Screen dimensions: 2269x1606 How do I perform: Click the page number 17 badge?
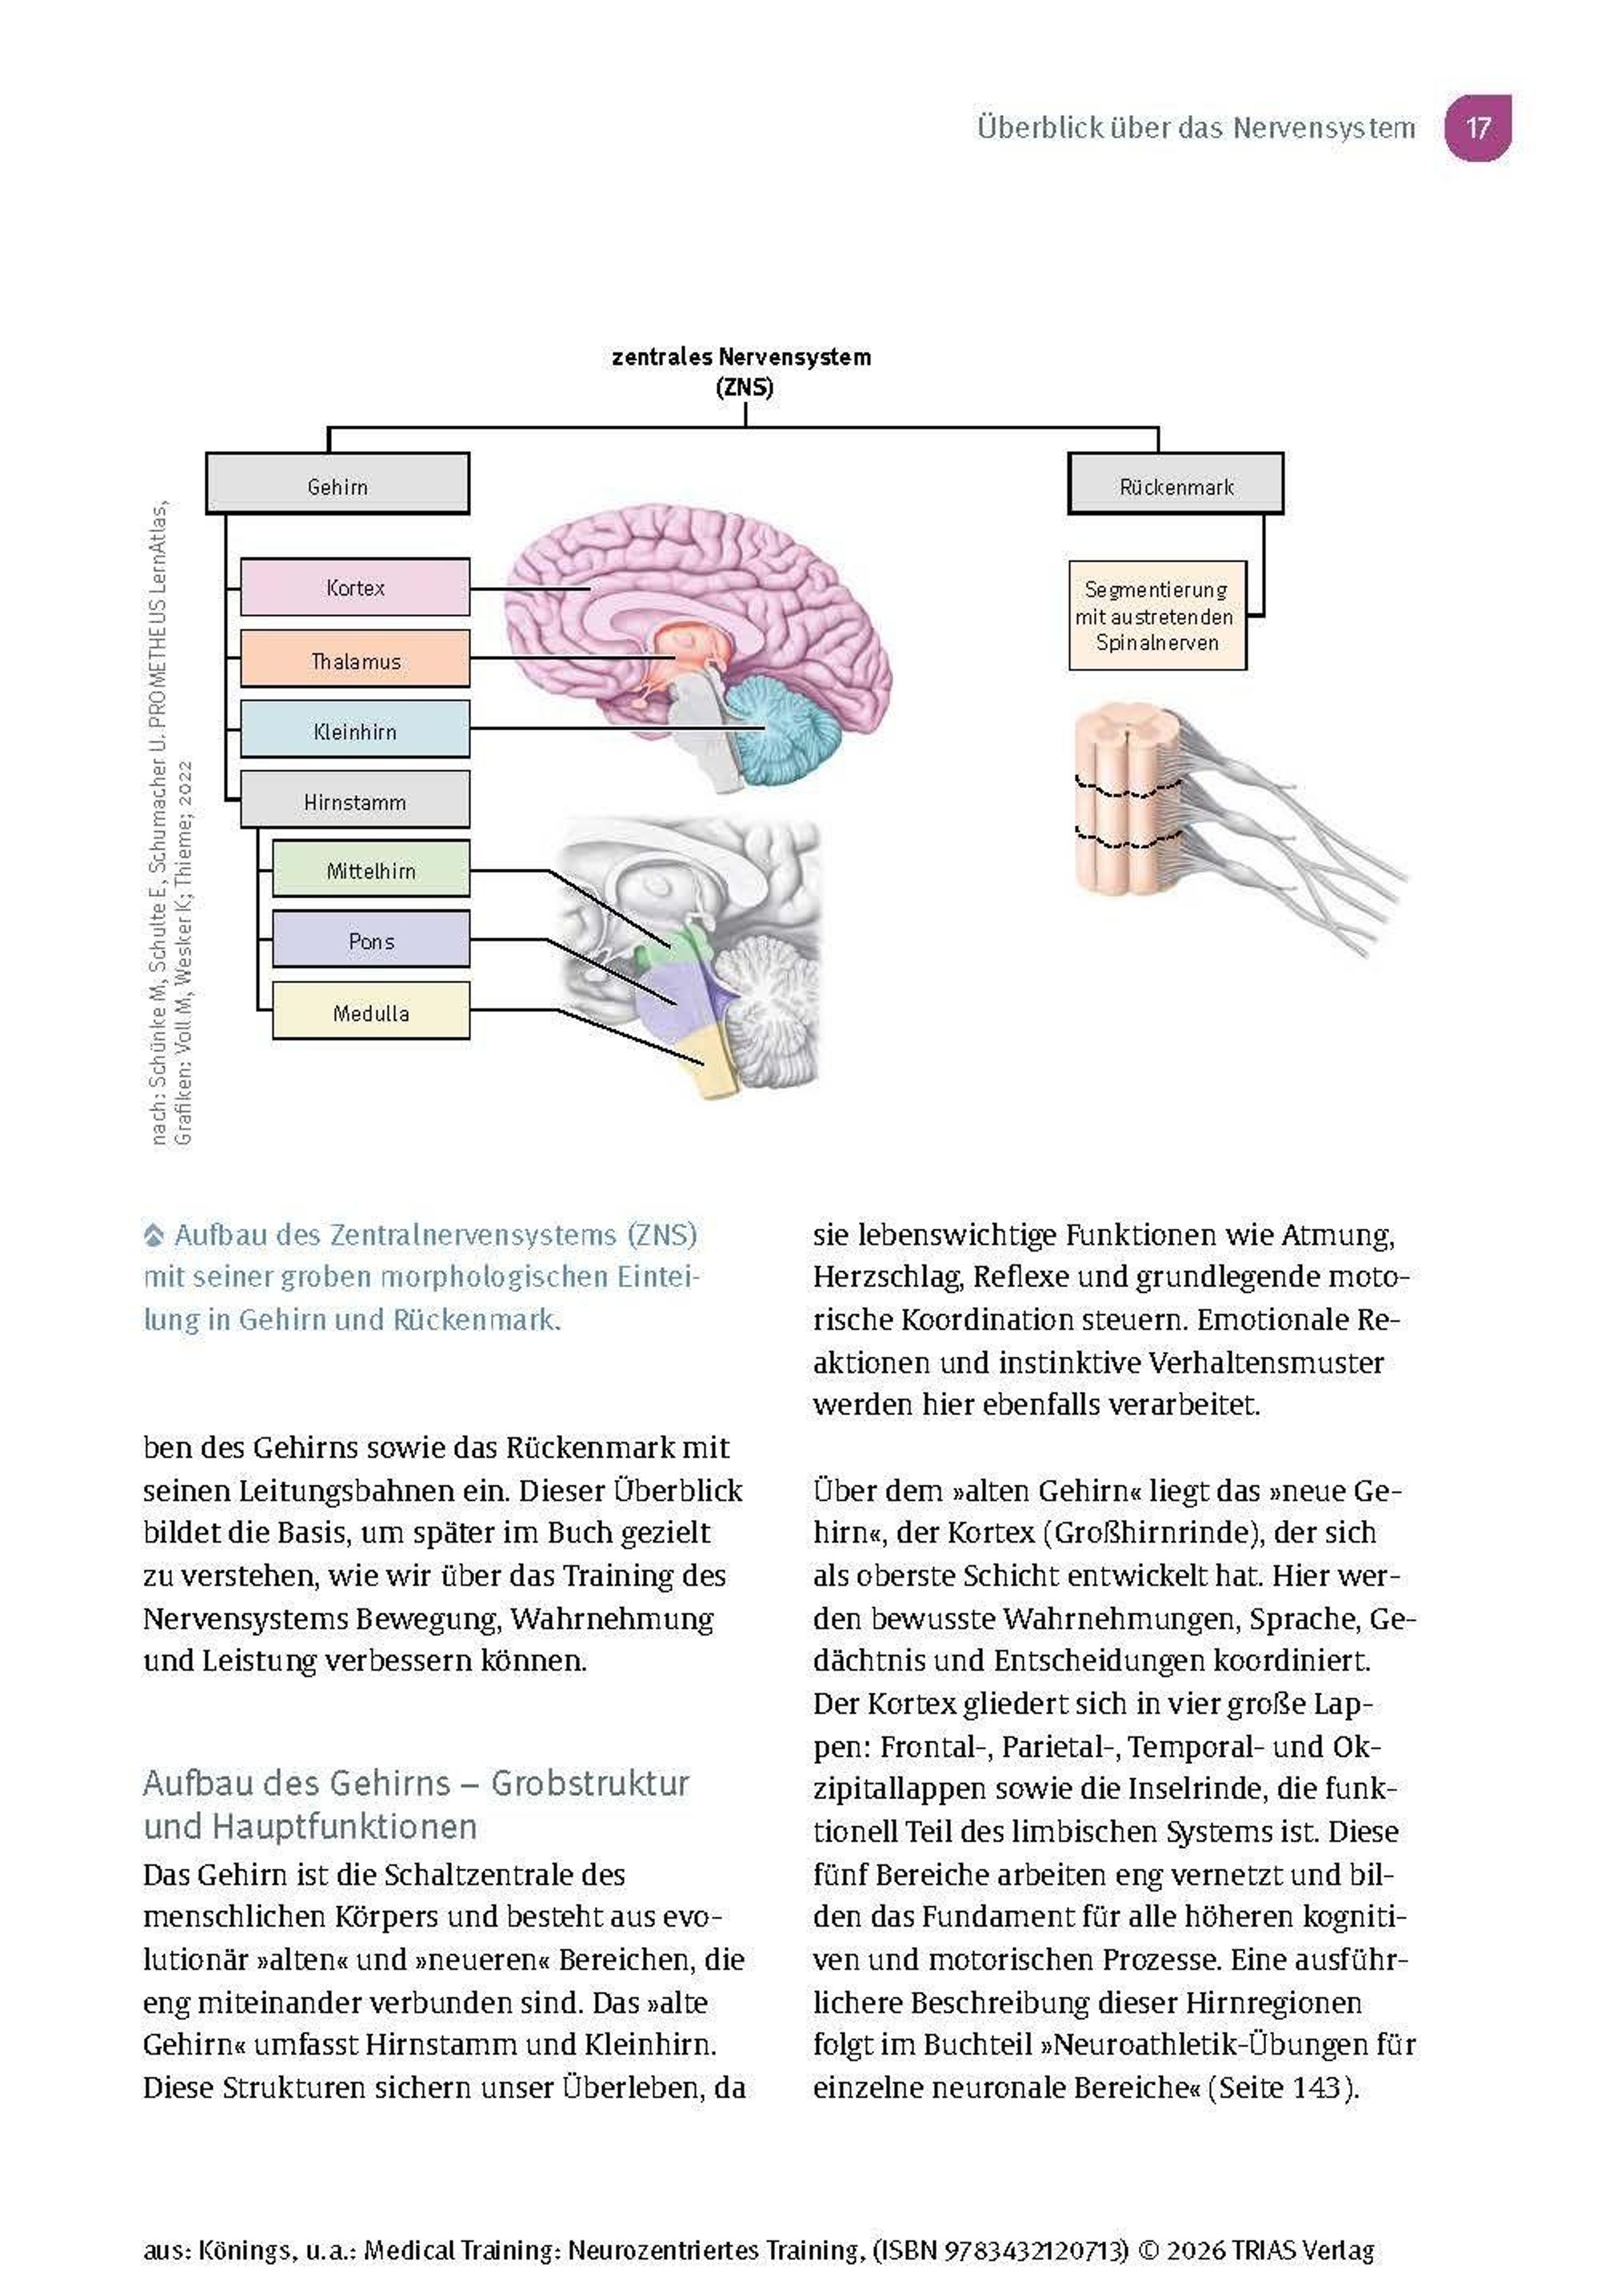[1478, 128]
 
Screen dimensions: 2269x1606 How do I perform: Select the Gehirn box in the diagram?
[337, 485]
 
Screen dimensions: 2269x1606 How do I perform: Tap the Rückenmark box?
[1176, 485]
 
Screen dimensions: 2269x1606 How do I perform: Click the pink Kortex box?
[355, 588]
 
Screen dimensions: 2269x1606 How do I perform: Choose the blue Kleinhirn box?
[355, 730]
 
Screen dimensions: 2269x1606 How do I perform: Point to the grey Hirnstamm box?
[355, 801]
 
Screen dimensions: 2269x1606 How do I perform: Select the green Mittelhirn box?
[371, 869]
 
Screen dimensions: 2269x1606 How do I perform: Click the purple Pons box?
[371, 940]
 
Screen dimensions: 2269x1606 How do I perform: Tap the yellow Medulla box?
[371, 1011]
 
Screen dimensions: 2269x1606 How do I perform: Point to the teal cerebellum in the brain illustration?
[786, 732]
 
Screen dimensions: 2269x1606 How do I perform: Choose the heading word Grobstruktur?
[590, 1783]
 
